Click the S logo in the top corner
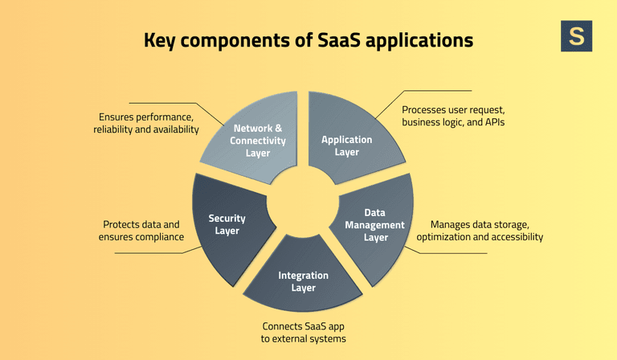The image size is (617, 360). tap(576, 36)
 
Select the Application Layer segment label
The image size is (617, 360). tap(346, 145)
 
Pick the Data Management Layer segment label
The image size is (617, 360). tap(374, 225)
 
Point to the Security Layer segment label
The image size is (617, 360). tap(227, 224)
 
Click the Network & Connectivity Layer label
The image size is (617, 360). tap(259, 140)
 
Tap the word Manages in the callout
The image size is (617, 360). tap(452, 224)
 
